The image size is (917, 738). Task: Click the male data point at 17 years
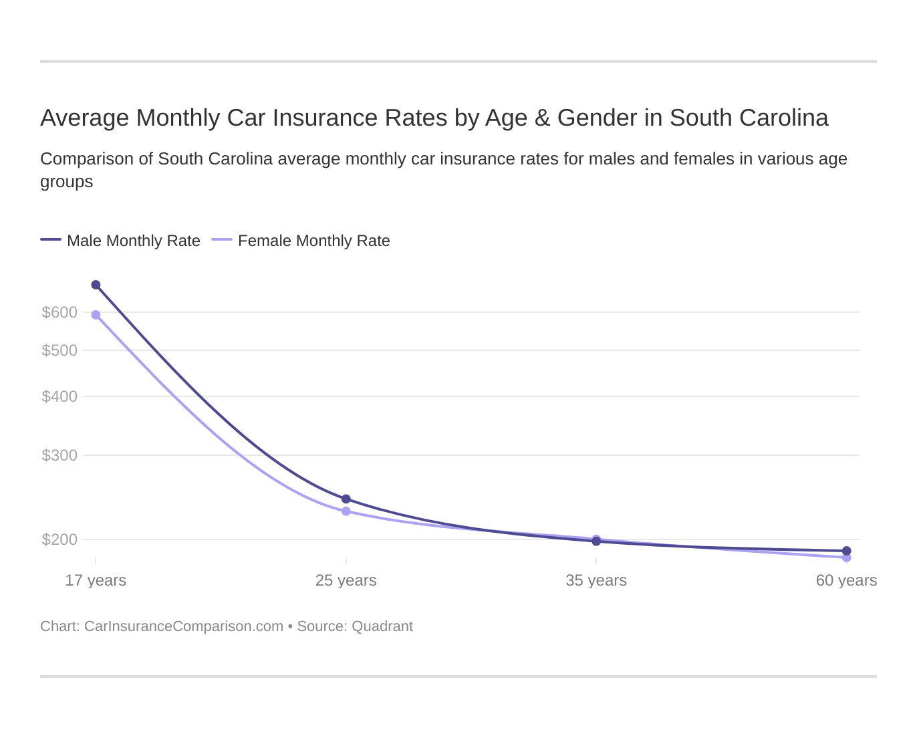pyautogui.click(x=96, y=285)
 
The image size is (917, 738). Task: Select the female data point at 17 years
pyautogui.click(x=96, y=315)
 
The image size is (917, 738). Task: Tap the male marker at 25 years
pyautogui.click(x=346, y=499)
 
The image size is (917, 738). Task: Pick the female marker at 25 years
pyautogui.click(x=346, y=511)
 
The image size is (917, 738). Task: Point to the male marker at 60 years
pyautogui.click(x=847, y=551)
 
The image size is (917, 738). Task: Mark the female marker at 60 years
pyautogui.click(x=847, y=558)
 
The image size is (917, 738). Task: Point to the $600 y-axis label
pyautogui.click(x=59, y=312)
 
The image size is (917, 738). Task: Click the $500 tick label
pyautogui.click(x=59, y=350)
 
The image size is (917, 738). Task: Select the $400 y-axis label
pyautogui.click(x=59, y=396)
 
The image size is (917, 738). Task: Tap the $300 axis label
pyautogui.click(x=59, y=455)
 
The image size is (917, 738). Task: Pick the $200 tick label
pyautogui.click(x=59, y=539)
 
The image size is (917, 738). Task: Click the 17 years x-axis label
pyautogui.click(x=96, y=580)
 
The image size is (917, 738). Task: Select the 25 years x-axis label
pyautogui.click(x=346, y=580)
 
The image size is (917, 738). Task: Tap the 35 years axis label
pyautogui.click(x=596, y=580)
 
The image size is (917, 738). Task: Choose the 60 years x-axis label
pyautogui.click(x=846, y=580)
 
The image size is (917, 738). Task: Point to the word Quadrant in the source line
pyautogui.click(x=382, y=626)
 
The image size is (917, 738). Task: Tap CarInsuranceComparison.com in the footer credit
pyautogui.click(x=184, y=626)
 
